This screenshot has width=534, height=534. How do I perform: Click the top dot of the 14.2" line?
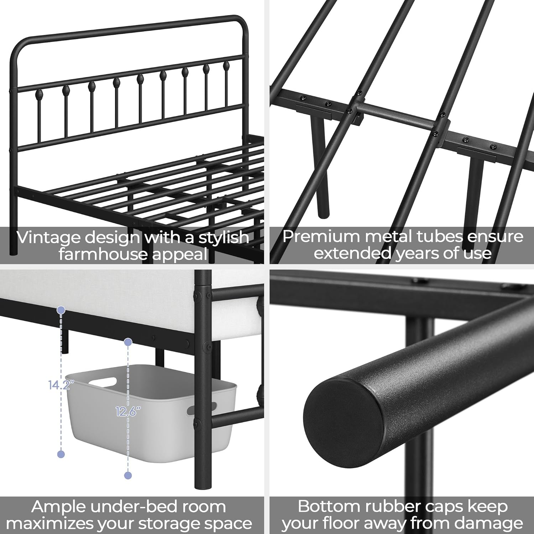click(61, 310)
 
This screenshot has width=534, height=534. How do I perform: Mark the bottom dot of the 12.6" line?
click(128, 475)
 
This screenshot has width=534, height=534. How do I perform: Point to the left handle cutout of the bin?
click(103, 382)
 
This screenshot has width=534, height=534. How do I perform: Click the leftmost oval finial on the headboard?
click(40, 95)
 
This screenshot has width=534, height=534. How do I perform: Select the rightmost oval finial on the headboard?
click(226, 66)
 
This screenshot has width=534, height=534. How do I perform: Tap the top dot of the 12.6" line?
click(128, 342)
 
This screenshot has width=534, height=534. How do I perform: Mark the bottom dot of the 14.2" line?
click(61, 454)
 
